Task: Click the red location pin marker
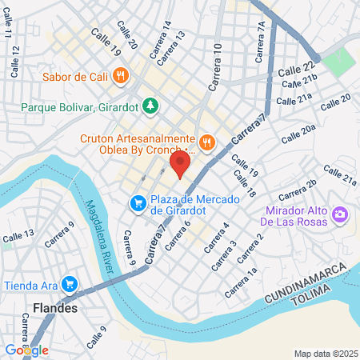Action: [x=179, y=165]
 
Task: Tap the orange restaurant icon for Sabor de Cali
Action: [x=121, y=76]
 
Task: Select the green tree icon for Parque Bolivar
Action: [x=149, y=106]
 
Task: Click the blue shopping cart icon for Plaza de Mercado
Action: [x=138, y=204]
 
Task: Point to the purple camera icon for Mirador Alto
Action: [x=340, y=214]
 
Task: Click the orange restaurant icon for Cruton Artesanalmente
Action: [x=206, y=142]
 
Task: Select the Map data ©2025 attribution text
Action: [x=325, y=354]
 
